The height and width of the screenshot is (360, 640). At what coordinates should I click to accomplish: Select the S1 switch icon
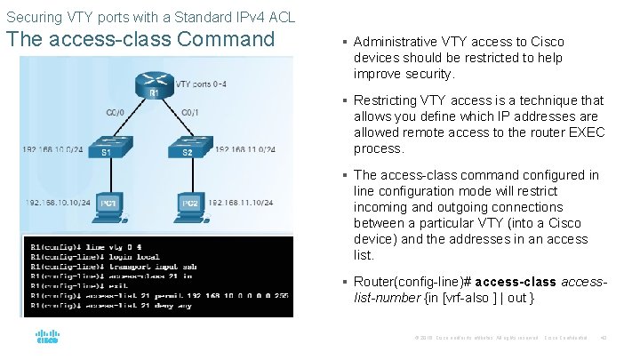[106, 148]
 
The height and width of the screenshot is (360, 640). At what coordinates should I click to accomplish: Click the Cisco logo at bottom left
[47, 338]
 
